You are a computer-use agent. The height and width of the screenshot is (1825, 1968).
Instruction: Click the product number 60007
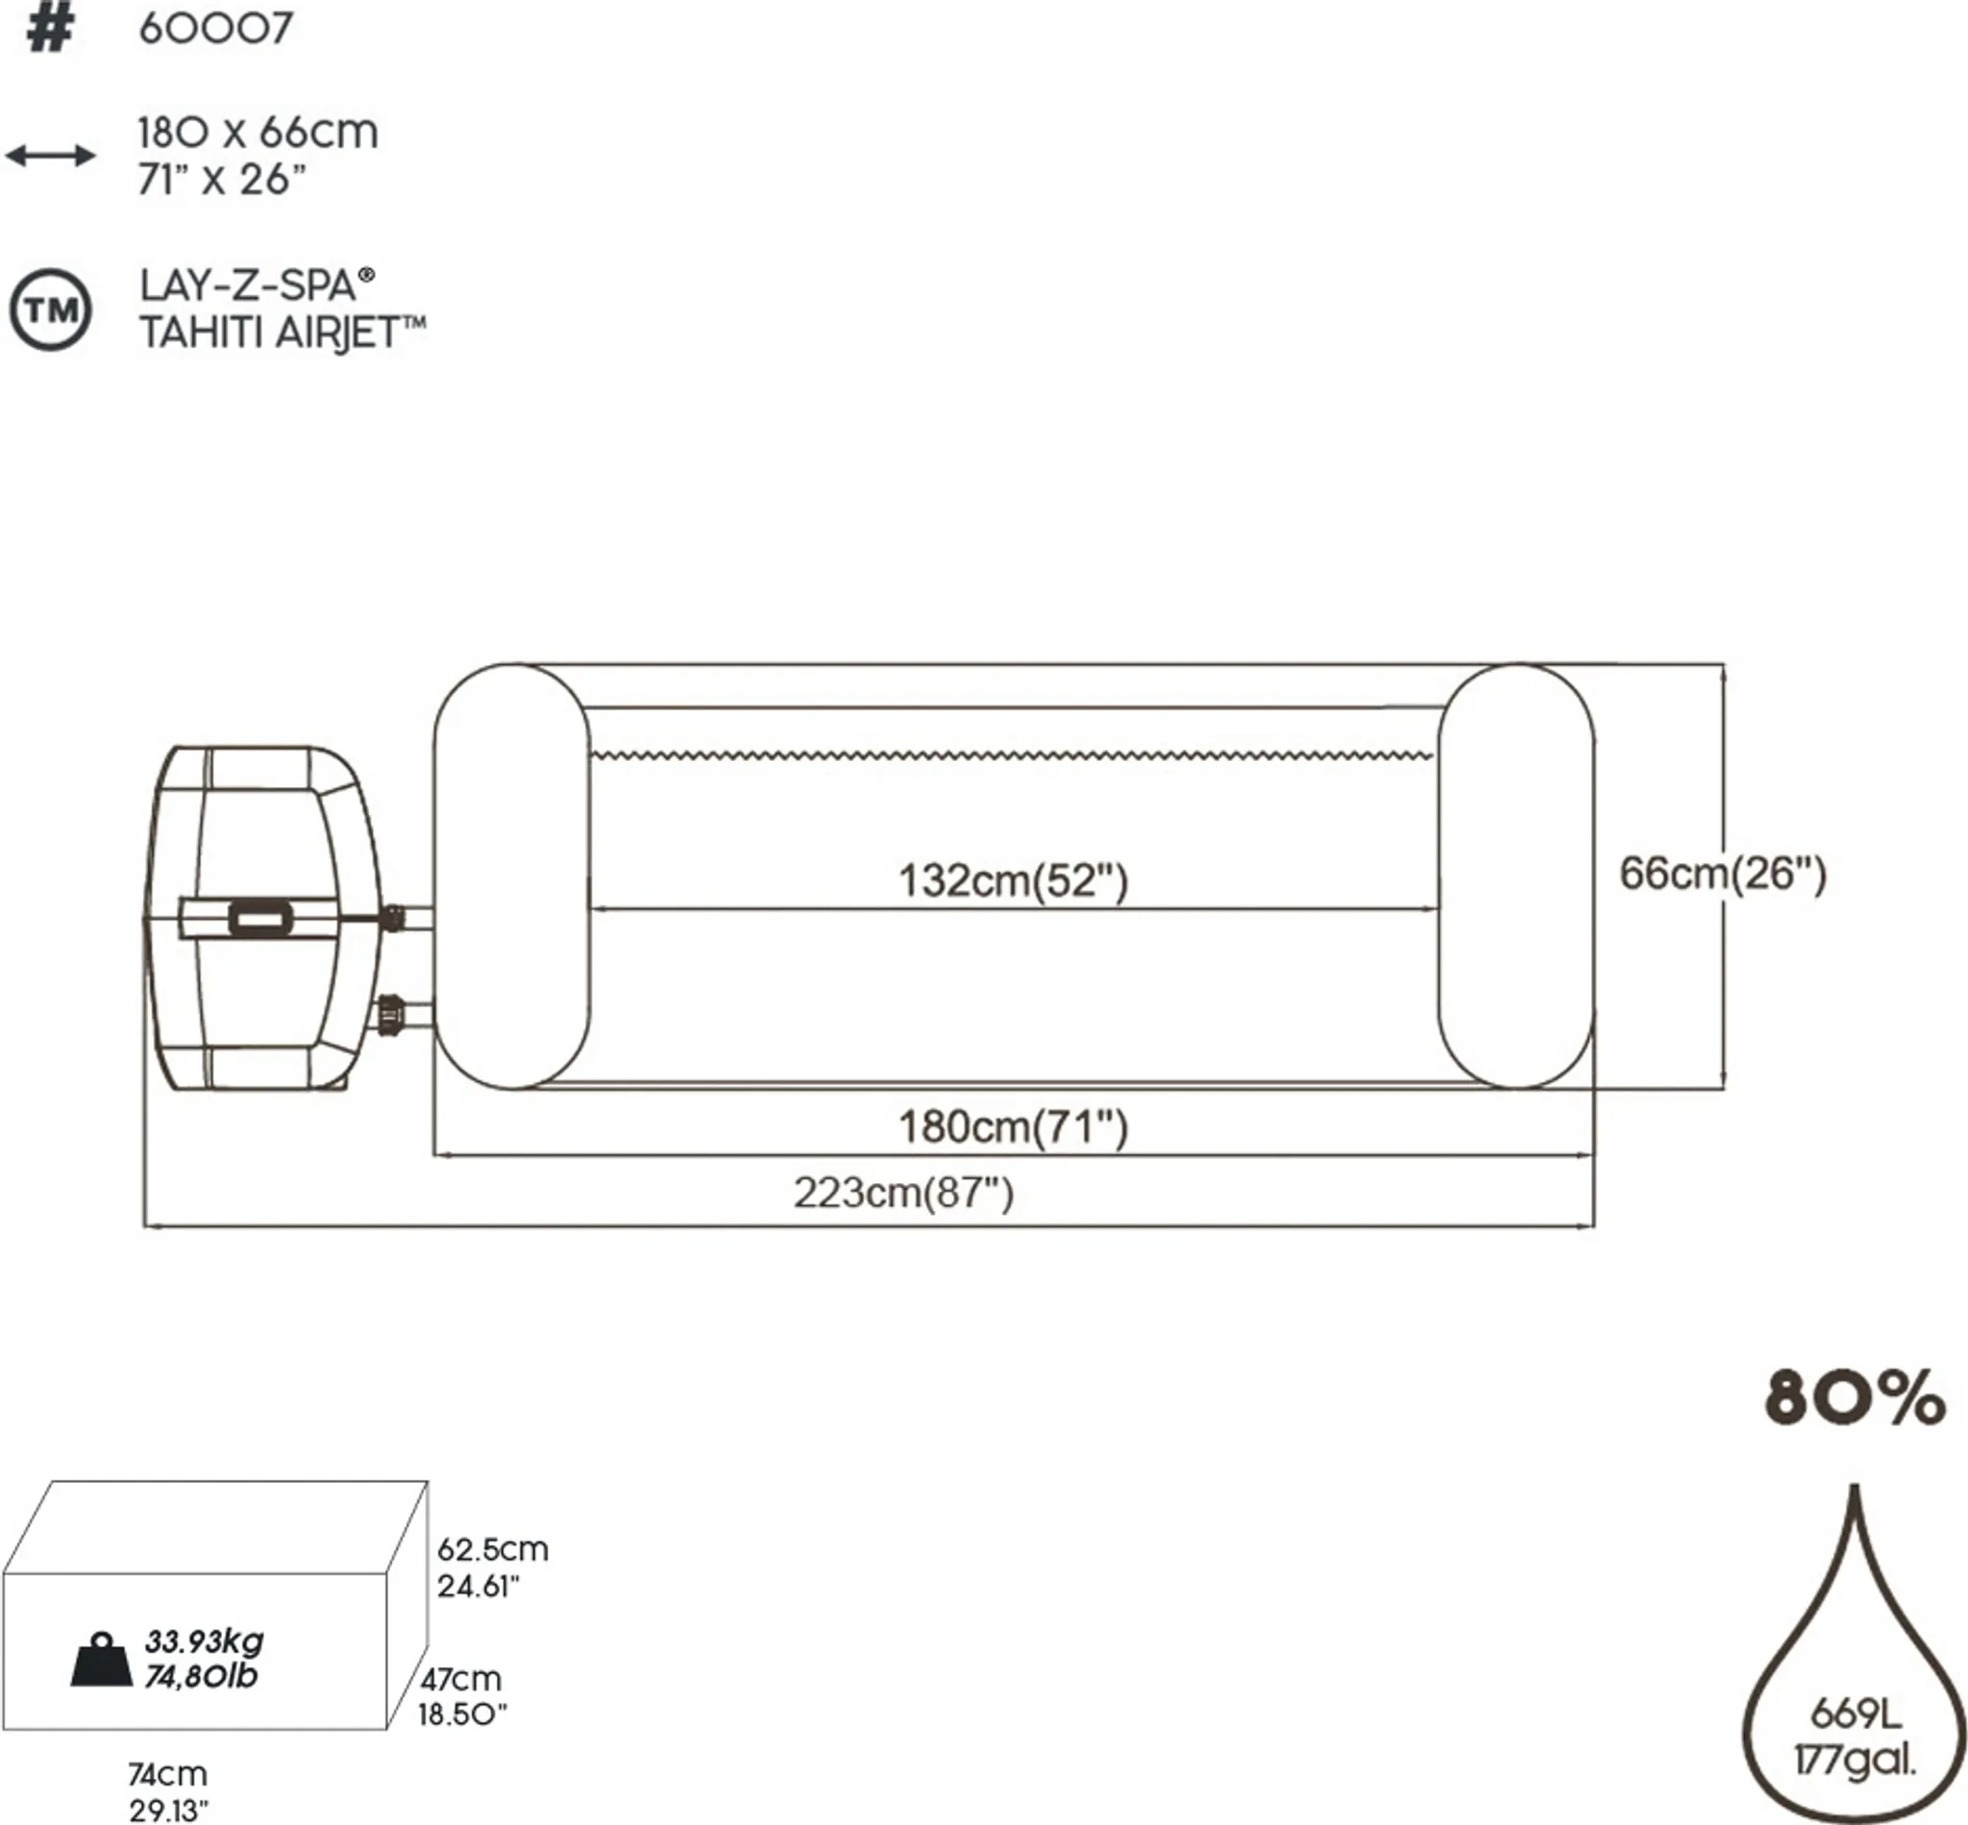pyautogui.click(x=215, y=28)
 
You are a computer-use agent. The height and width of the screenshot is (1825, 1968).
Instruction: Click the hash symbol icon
pyautogui.click(x=49, y=30)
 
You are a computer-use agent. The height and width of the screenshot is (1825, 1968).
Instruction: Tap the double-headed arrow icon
pyautogui.click(x=50, y=155)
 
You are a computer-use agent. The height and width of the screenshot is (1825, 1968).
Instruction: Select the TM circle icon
pyautogui.click(x=50, y=310)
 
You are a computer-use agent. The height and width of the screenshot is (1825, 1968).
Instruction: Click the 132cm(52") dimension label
pyautogui.click(x=1012, y=880)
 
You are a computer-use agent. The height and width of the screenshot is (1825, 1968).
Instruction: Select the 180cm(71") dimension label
pyautogui.click(x=1012, y=1126)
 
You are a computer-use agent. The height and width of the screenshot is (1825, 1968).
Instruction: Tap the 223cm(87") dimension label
pyautogui.click(x=903, y=1193)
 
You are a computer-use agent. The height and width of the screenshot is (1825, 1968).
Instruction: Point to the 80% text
pyautogui.click(x=1855, y=1398)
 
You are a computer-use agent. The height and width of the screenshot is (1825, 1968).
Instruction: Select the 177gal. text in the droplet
pyautogui.click(x=1855, y=1760)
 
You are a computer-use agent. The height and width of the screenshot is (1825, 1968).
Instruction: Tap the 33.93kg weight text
pyautogui.click(x=204, y=1641)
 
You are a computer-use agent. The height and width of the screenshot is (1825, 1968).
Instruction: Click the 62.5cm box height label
pyautogui.click(x=492, y=1548)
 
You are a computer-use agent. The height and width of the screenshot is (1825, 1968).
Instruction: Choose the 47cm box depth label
pyautogui.click(x=460, y=1679)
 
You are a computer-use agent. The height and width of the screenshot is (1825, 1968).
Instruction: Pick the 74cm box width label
pyautogui.click(x=167, y=1774)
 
